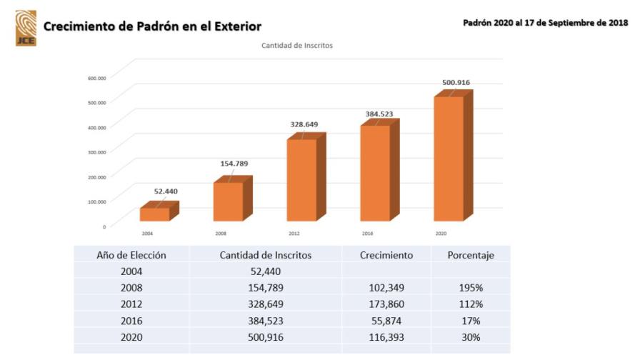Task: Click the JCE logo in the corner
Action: pyautogui.click(x=26, y=28)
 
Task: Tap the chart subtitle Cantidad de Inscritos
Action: pyautogui.click(x=296, y=46)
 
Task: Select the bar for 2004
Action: pyautogui.click(x=155, y=214)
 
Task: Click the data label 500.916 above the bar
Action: pyautogui.click(x=456, y=82)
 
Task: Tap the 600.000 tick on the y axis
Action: pyautogui.click(x=97, y=78)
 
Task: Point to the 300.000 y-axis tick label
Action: pyautogui.click(x=97, y=152)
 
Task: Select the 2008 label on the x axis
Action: pyautogui.click(x=221, y=234)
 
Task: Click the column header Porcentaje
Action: pyautogui.click(x=470, y=255)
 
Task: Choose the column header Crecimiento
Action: pyautogui.click(x=386, y=255)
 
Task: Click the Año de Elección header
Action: pyautogui.click(x=131, y=255)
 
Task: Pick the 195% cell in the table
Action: pyautogui.click(x=469, y=288)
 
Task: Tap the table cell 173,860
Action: pyautogui.click(x=386, y=304)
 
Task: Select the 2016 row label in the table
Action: pyautogui.click(x=131, y=321)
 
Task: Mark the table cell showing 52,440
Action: pyautogui.click(x=265, y=271)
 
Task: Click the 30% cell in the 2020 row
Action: pyautogui.click(x=469, y=337)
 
